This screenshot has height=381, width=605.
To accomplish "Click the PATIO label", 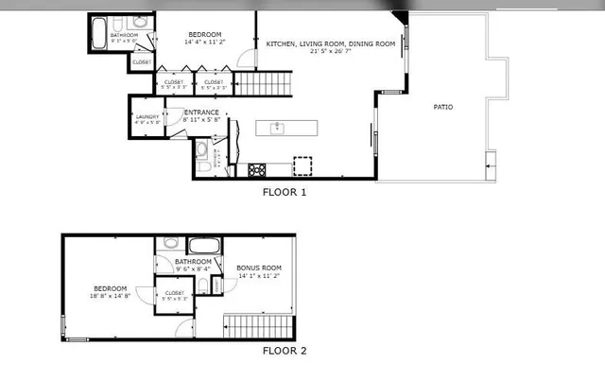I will click(442, 107).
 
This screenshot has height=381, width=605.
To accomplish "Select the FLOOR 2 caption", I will click(285, 351).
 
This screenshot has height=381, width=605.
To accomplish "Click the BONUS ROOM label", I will click(258, 268).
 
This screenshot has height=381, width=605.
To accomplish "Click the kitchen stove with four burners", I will click(256, 169).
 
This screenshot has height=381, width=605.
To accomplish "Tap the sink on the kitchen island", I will click(278, 128).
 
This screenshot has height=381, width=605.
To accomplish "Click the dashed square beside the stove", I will click(302, 165).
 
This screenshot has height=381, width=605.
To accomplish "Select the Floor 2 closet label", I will click(175, 293).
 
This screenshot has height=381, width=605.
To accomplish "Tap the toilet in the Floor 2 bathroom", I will click(201, 286).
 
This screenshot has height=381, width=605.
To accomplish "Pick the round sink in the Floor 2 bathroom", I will click(170, 243).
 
